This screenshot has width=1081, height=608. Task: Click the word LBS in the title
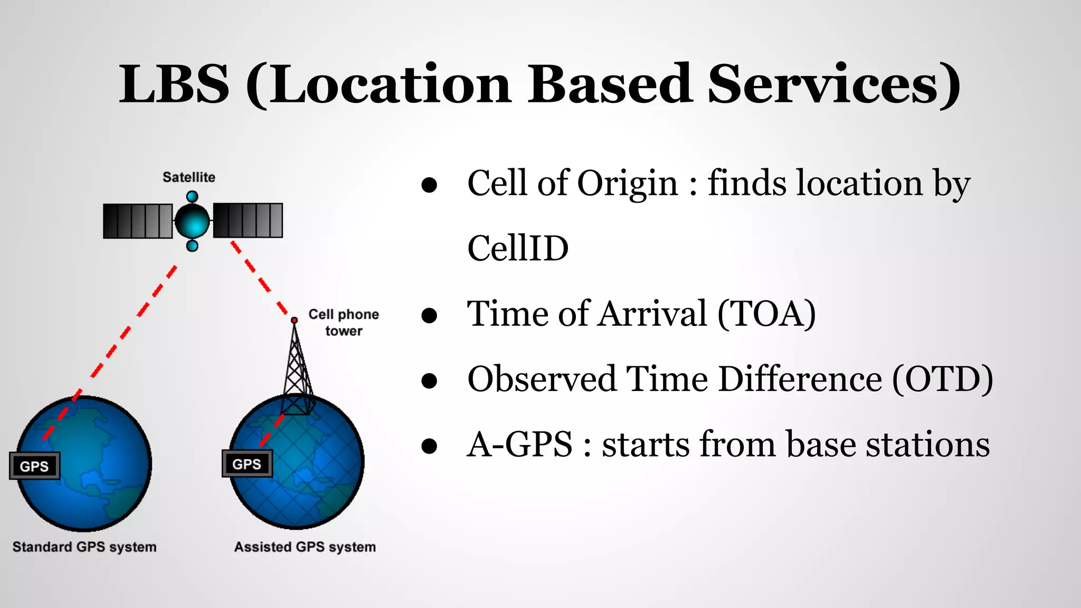pos(174,84)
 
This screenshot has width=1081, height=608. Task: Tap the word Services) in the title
pos(834,84)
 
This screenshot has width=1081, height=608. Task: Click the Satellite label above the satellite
pos(188,177)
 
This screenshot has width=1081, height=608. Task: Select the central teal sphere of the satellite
pos(192,221)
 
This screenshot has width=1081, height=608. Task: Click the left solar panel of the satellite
pos(137,221)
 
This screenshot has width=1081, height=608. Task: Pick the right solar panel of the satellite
pos(248,220)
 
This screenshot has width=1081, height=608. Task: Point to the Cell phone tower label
pos(344,322)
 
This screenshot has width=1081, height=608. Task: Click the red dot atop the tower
pos(295,320)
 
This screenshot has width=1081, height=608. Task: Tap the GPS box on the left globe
pos(34,466)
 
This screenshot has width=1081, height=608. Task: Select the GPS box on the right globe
pos(247,464)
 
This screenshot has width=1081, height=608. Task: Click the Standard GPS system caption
pos(84,547)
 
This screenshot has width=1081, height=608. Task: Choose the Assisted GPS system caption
pos(305,547)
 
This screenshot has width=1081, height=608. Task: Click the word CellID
pos(518,248)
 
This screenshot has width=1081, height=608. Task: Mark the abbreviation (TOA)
pos(766,313)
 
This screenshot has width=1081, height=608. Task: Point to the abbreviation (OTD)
pos(943,379)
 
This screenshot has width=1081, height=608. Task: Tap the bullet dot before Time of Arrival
pos(430,316)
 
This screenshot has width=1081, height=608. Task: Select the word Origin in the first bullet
pos(627,184)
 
